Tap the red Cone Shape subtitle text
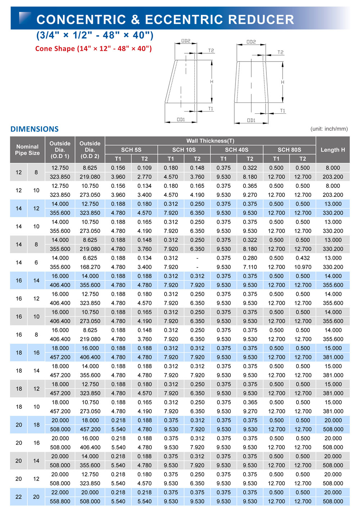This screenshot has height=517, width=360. [93, 49]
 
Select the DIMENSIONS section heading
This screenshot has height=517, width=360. [35, 129]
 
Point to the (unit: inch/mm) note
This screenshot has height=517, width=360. [329, 129]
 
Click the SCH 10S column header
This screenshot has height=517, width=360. [184, 150]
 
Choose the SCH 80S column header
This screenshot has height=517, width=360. [289, 150]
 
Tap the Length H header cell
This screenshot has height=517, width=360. [333, 150]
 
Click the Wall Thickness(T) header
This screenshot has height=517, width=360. [210, 141]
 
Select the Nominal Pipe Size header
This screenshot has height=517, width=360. [27, 150]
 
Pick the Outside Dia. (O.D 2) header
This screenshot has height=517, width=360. [90, 150]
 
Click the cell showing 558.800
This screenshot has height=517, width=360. [60, 501]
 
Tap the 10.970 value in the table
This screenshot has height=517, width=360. [303, 267]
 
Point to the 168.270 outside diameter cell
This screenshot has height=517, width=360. [90, 267]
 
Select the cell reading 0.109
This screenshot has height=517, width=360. [144, 168]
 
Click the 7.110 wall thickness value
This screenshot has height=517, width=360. [250, 267]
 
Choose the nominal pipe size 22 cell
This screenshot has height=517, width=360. [19, 497]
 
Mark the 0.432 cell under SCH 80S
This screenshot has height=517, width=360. [303, 258]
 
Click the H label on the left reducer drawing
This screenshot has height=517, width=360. [212, 82]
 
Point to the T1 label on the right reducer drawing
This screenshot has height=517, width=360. [283, 111]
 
